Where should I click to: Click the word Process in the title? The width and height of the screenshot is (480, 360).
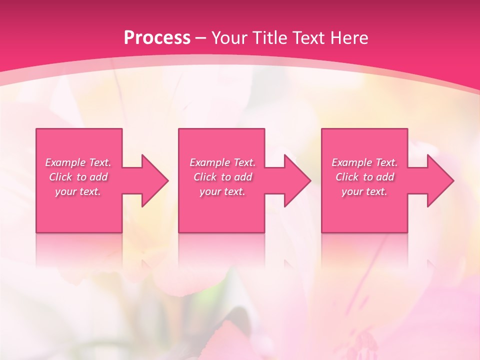(157, 38)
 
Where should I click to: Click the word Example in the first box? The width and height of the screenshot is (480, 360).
(64, 162)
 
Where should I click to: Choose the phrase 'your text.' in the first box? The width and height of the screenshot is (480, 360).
(78, 191)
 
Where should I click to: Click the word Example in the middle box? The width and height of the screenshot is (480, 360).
(209, 162)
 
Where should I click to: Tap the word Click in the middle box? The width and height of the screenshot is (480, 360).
(205, 177)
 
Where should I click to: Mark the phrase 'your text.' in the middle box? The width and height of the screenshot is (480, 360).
(222, 191)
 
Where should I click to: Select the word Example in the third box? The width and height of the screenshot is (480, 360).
(351, 162)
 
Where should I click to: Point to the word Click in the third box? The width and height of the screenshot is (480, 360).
(347, 177)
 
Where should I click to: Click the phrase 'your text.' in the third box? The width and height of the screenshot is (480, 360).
(364, 191)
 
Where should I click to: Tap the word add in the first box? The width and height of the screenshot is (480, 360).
(99, 177)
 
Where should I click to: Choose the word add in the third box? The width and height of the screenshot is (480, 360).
(385, 177)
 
